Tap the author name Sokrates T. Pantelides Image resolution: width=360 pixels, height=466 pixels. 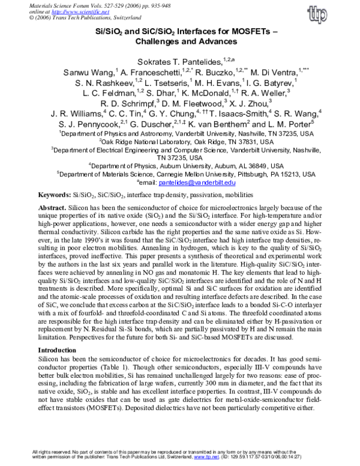(173, 60)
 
